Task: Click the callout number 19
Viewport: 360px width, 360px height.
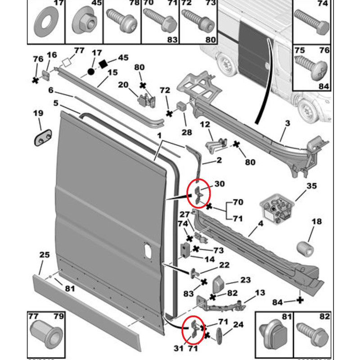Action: [40, 113]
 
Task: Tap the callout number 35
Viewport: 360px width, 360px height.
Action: [311, 186]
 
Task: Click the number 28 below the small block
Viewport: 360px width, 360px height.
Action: [187, 132]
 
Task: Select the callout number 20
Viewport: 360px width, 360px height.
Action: [123, 85]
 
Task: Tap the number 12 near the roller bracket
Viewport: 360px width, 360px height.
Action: [205, 124]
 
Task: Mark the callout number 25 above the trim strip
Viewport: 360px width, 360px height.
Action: [45, 255]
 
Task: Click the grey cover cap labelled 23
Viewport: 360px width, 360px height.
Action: [218, 283]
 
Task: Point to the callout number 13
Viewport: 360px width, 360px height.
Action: [260, 293]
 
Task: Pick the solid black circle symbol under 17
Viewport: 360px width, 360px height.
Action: [91, 72]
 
